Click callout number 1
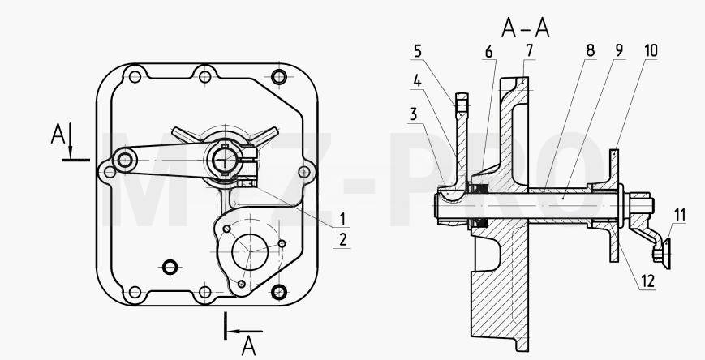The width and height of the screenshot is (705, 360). (342, 220)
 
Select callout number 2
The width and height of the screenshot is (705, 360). (343, 239)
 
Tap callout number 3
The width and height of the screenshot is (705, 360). (413, 114)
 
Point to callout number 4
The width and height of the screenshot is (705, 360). (418, 82)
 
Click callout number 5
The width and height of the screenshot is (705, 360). (418, 51)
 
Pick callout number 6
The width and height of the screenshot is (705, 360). (488, 52)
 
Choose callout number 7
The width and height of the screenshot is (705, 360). (529, 51)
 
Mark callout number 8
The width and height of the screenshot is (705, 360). (591, 51)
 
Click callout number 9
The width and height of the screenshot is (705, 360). (619, 51)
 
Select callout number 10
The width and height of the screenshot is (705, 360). (651, 51)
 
